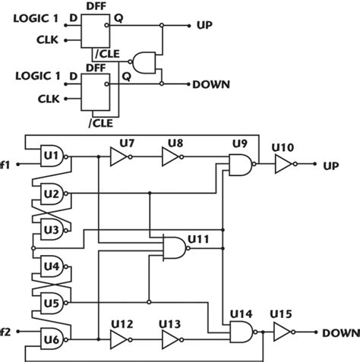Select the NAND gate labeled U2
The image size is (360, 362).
tap(52, 194)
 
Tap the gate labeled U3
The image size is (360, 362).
tap(52, 228)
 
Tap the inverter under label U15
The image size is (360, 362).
tap(284, 332)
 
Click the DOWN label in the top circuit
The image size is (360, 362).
tap(213, 84)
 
